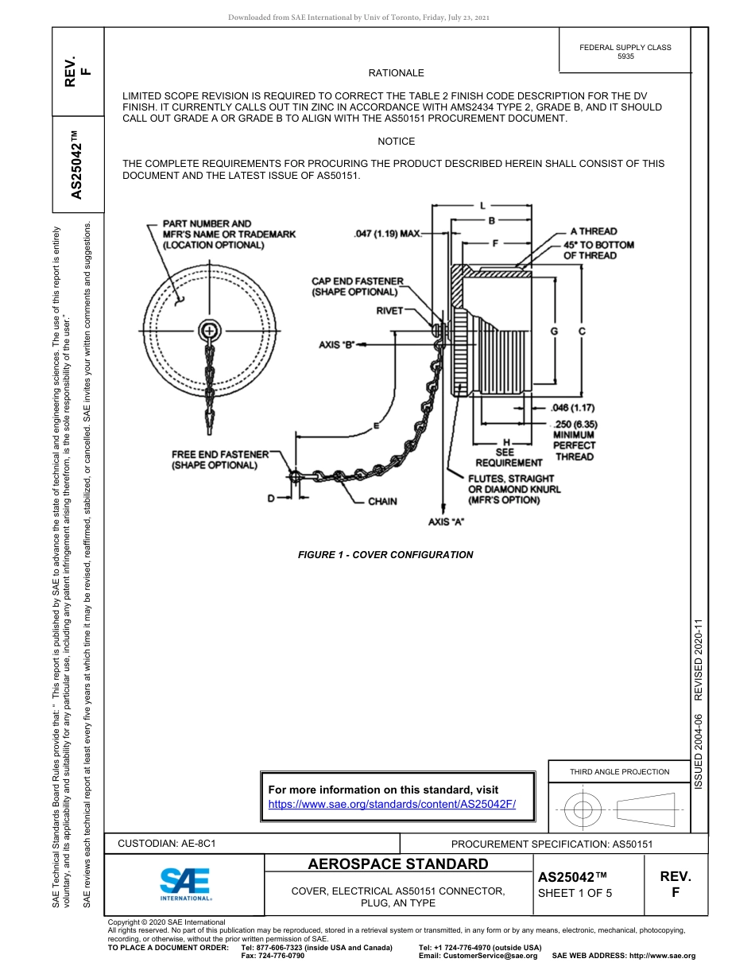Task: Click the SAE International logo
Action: [x=185, y=884]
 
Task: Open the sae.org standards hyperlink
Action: [x=392, y=804]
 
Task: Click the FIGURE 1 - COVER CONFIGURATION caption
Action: [x=385, y=555]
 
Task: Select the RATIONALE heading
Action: [x=396, y=73]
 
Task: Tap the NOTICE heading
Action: [x=396, y=142]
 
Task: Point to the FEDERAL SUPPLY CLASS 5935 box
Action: [x=625, y=52]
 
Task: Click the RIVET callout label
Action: [x=389, y=311]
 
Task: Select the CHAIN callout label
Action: [x=382, y=502]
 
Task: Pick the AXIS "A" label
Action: [x=446, y=522]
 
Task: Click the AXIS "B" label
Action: [x=335, y=345]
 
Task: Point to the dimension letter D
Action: [x=270, y=498]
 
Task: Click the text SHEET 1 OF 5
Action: [x=575, y=892]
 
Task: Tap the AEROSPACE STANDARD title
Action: [x=398, y=864]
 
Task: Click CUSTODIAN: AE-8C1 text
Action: [x=167, y=843]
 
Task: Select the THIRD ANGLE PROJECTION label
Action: [x=619, y=771]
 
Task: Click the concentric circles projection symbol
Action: [x=583, y=810]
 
